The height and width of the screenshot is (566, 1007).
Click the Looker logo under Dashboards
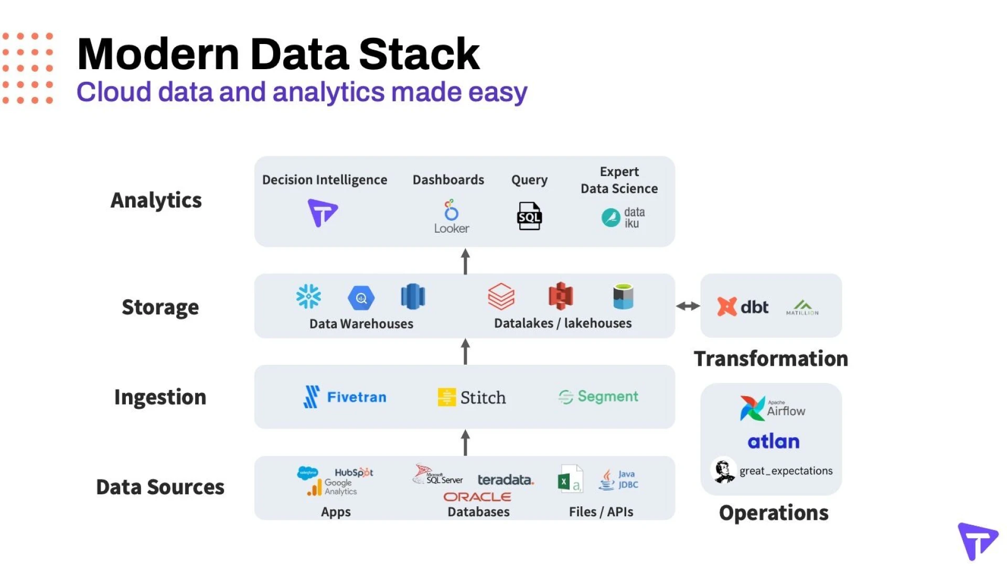[x=451, y=216]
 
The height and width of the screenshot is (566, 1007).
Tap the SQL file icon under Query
[x=529, y=216]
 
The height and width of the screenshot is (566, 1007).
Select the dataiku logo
[x=623, y=217]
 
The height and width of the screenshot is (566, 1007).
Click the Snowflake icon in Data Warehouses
[x=308, y=297]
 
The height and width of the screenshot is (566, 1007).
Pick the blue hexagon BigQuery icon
[x=361, y=298]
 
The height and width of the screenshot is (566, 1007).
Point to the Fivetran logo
[x=345, y=397]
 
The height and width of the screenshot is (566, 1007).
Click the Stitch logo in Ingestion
[x=472, y=397]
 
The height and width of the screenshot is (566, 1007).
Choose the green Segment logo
[x=598, y=397]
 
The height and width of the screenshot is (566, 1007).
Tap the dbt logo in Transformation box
[x=743, y=307]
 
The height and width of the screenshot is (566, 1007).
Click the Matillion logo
[x=802, y=307]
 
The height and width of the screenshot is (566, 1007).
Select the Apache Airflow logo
[x=773, y=408]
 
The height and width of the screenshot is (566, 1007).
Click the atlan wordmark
[x=774, y=442]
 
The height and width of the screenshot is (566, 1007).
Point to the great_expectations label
[x=786, y=471]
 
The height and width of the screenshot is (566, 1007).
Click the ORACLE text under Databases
[x=477, y=496]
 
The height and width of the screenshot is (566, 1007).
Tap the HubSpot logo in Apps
[x=353, y=472]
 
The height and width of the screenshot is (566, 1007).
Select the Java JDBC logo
[x=619, y=479]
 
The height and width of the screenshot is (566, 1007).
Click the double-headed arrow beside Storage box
[x=688, y=306]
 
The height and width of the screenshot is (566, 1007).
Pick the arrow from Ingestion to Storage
[x=465, y=351]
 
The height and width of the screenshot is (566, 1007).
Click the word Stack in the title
[x=419, y=54]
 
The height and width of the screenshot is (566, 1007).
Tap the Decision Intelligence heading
[x=325, y=180]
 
